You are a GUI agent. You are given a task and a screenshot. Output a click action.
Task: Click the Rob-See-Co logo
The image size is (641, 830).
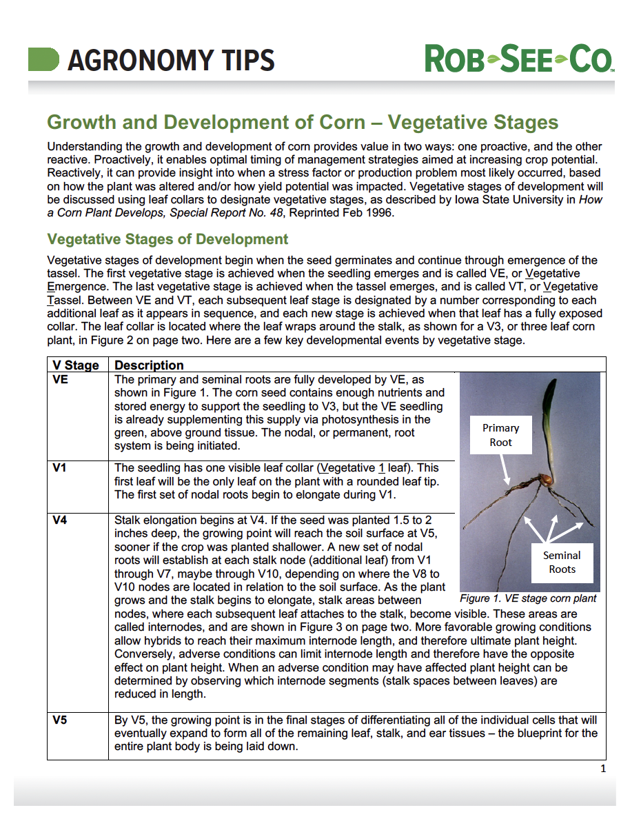tap(519, 59)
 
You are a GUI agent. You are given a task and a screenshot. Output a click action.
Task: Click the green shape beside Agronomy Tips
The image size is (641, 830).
tap(43, 59)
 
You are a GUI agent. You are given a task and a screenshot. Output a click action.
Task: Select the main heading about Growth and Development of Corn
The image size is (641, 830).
tap(302, 123)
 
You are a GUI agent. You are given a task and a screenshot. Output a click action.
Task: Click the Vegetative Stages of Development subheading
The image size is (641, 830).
tap(167, 239)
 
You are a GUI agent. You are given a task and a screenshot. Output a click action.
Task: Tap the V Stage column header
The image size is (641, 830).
tap(76, 365)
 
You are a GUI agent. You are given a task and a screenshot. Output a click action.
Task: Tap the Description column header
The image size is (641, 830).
tap(149, 365)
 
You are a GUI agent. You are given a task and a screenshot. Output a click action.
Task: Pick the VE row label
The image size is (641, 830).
tap(60, 379)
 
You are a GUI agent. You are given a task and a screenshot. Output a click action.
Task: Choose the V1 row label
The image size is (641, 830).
tap(59, 468)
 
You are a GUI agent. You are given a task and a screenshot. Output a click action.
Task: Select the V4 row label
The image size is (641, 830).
tap(59, 520)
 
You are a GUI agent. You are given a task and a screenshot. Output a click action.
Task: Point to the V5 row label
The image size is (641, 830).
tap(59, 720)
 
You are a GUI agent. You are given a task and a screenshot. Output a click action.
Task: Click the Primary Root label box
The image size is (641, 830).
tap(501, 435)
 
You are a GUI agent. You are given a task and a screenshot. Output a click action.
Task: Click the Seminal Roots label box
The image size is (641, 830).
tap(562, 562)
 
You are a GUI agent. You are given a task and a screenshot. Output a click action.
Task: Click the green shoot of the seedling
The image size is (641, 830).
tap(550, 421)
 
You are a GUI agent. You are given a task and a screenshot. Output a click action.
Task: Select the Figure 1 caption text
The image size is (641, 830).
tap(528, 598)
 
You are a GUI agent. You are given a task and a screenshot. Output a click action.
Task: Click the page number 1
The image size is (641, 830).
tap(603, 769)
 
